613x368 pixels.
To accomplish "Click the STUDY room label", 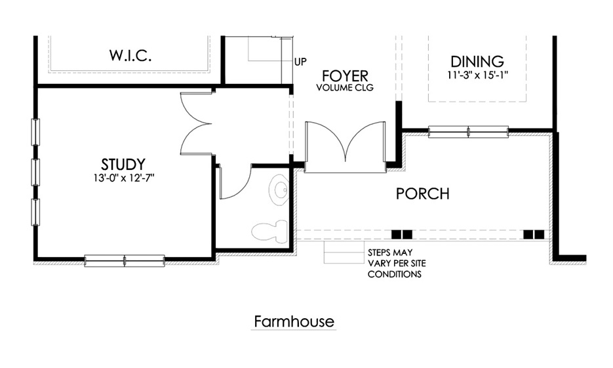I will point(123,164).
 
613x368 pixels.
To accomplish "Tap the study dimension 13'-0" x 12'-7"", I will point(123,177).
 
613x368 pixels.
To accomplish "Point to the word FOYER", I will point(344,76).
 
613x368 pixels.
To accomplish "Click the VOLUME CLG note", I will point(344,87).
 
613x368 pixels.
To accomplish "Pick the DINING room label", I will point(477,62).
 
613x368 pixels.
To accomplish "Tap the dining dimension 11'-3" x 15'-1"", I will point(477,75).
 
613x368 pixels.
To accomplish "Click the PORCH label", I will point(423,194).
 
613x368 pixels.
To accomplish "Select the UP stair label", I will point(301,62).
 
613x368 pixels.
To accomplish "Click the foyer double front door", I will point(346,147).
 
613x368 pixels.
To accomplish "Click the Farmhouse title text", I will point(294,322).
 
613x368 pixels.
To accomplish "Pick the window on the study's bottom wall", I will point(125,260).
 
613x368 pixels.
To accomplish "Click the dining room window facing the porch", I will point(468,131).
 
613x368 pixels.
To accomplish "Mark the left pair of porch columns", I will point(402,234).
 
